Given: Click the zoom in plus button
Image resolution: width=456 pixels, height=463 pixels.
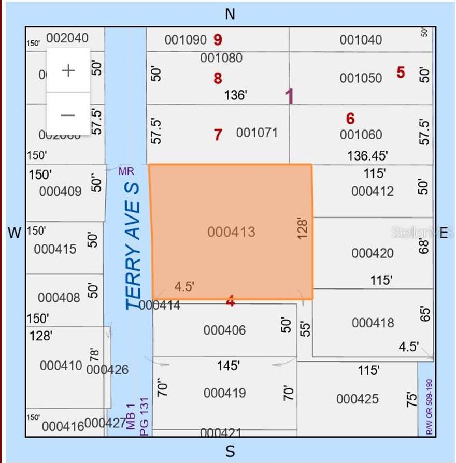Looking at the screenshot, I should tap(68, 70).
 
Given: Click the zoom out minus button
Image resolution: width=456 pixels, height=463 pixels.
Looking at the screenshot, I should tap(68, 115).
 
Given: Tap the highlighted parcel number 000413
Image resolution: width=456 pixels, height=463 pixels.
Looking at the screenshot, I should tap(231, 232).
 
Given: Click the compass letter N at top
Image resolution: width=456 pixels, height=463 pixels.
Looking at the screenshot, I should tap(230, 15).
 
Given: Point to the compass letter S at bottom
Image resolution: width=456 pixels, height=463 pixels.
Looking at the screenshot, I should tap(230, 452).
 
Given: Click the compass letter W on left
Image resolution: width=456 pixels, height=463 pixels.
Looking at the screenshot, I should tap(15, 233).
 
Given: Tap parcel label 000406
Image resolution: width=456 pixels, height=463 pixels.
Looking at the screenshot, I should tap(224, 330).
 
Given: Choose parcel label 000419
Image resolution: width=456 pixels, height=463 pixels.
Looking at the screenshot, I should tap(224, 393).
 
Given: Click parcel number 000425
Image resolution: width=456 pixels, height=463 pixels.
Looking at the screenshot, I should tap(357, 399).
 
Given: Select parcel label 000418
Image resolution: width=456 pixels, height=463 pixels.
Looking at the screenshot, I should tap(373, 323).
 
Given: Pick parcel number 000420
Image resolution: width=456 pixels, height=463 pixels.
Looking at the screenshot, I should tap(372, 253).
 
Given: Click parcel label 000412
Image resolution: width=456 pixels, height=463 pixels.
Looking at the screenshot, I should tap(372, 191).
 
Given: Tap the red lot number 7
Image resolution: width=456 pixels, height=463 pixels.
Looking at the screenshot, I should tap(218, 135).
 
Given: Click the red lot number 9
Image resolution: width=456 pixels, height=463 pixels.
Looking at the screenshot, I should tap(218, 39).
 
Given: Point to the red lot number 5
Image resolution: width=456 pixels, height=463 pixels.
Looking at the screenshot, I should tap(401, 72).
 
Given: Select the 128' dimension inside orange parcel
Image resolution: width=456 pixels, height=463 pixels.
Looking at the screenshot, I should tap(303, 228).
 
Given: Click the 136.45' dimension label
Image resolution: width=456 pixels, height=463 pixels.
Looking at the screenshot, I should tap(367, 155).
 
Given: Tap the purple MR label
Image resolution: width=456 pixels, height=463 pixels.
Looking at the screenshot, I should tap(126, 171).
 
